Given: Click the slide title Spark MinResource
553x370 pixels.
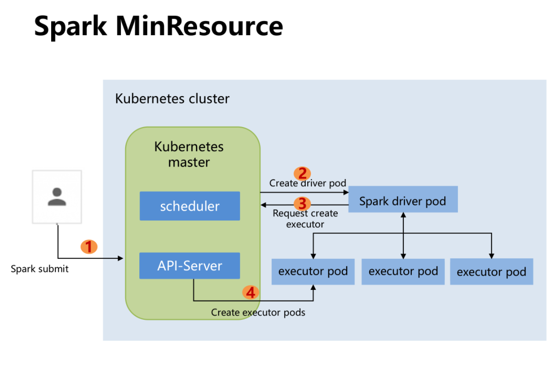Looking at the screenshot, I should click(159, 26).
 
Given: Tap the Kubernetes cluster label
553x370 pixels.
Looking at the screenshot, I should click(172, 99).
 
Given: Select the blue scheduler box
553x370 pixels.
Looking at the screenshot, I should click(189, 206).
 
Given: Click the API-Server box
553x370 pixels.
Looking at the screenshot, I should click(189, 266).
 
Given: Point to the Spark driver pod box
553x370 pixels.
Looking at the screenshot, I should click(402, 202).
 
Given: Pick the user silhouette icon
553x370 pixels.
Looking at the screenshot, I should click(57, 196).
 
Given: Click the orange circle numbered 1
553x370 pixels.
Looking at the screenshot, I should click(89, 246).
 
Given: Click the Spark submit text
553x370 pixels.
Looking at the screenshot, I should click(40, 269).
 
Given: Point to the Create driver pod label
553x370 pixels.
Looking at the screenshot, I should click(308, 183).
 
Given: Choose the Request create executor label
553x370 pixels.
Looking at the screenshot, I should click(305, 219).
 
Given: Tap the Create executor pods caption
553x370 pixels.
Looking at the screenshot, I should click(258, 312).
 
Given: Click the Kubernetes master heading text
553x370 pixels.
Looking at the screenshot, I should click(189, 154).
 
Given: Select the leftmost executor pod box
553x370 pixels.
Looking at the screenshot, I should click(313, 271).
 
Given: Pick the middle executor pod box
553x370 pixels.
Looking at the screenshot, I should click(403, 271).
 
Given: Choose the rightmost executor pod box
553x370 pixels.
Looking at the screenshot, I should click(491, 272).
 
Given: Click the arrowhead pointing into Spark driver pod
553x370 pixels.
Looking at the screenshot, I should click(346, 192).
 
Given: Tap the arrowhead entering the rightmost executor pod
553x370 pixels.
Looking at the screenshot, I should click(491, 256).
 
